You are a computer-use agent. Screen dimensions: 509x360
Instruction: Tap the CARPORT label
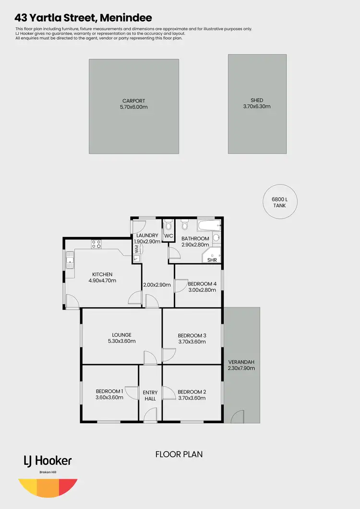[133, 101]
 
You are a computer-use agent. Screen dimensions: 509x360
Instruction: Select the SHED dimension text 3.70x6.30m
[257, 107]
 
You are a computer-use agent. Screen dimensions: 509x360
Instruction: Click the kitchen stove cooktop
[96, 244]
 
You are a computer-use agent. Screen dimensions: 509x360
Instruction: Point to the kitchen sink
[70, 262]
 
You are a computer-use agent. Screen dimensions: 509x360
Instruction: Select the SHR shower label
[212, 260]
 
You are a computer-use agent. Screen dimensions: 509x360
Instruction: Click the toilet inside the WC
[168, 226]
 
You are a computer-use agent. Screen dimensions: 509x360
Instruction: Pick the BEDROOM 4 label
[199, 284]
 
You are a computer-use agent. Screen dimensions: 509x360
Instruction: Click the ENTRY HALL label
[150, 396]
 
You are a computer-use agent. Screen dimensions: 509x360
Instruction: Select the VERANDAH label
[241, 362]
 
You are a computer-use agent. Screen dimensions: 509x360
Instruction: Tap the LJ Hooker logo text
[48, 461]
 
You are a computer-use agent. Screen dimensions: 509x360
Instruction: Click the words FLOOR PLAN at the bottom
[179, 454]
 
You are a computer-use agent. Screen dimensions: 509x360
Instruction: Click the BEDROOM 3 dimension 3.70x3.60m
[192, 342]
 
